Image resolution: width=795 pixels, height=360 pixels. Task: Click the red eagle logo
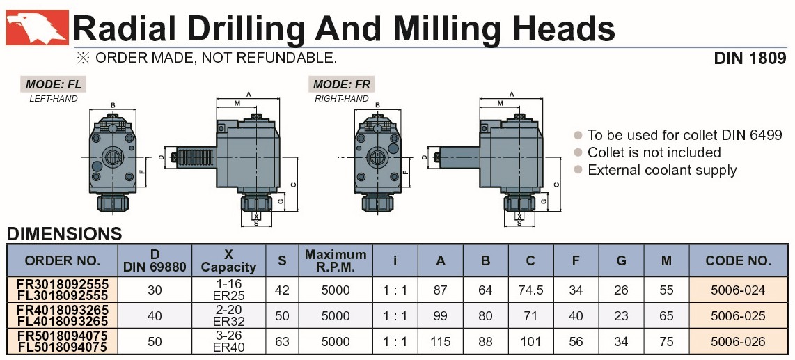pos(37,27)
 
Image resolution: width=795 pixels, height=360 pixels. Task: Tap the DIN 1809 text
pos(750,58)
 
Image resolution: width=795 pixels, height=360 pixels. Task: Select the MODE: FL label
pos(53,84)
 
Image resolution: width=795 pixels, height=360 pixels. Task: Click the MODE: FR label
pos(342,84)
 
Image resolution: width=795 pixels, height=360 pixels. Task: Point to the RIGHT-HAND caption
pos(342,99)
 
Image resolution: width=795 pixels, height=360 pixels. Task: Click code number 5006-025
pos(738,316)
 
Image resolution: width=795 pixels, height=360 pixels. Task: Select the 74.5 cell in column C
pos(531,290)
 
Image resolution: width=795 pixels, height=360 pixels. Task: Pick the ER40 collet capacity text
pos(230,347)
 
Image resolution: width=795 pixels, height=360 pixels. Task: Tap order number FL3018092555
pos(63,296)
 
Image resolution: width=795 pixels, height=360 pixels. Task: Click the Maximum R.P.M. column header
pos(336,260)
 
